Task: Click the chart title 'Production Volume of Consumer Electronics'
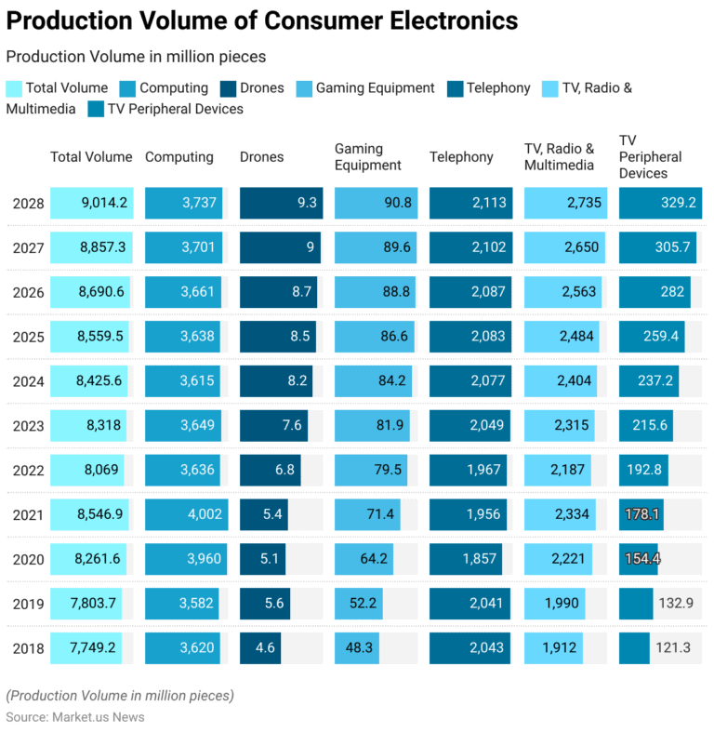pyautogui.click(x=262, y=20)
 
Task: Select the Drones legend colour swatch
pyautogui.click(x=229, y=88)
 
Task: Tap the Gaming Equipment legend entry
pyautogui.click(x=375, y=88)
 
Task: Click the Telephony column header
pyautogui.click(x=461, y=157)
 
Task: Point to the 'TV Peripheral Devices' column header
pyautogui.click(x=651, y=156)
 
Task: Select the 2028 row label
pyautogui.click(x=28, y=203)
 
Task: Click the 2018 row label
pyautogui.click(x=28, y=647)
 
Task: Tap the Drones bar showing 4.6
pyautogui.click(x=264, y=647)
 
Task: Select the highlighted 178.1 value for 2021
pyautogui.click(x=642, y=514)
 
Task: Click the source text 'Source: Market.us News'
pyautogui.click(x=75, y=717)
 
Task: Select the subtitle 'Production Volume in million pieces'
pyautogui.click(x=136, y=57)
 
